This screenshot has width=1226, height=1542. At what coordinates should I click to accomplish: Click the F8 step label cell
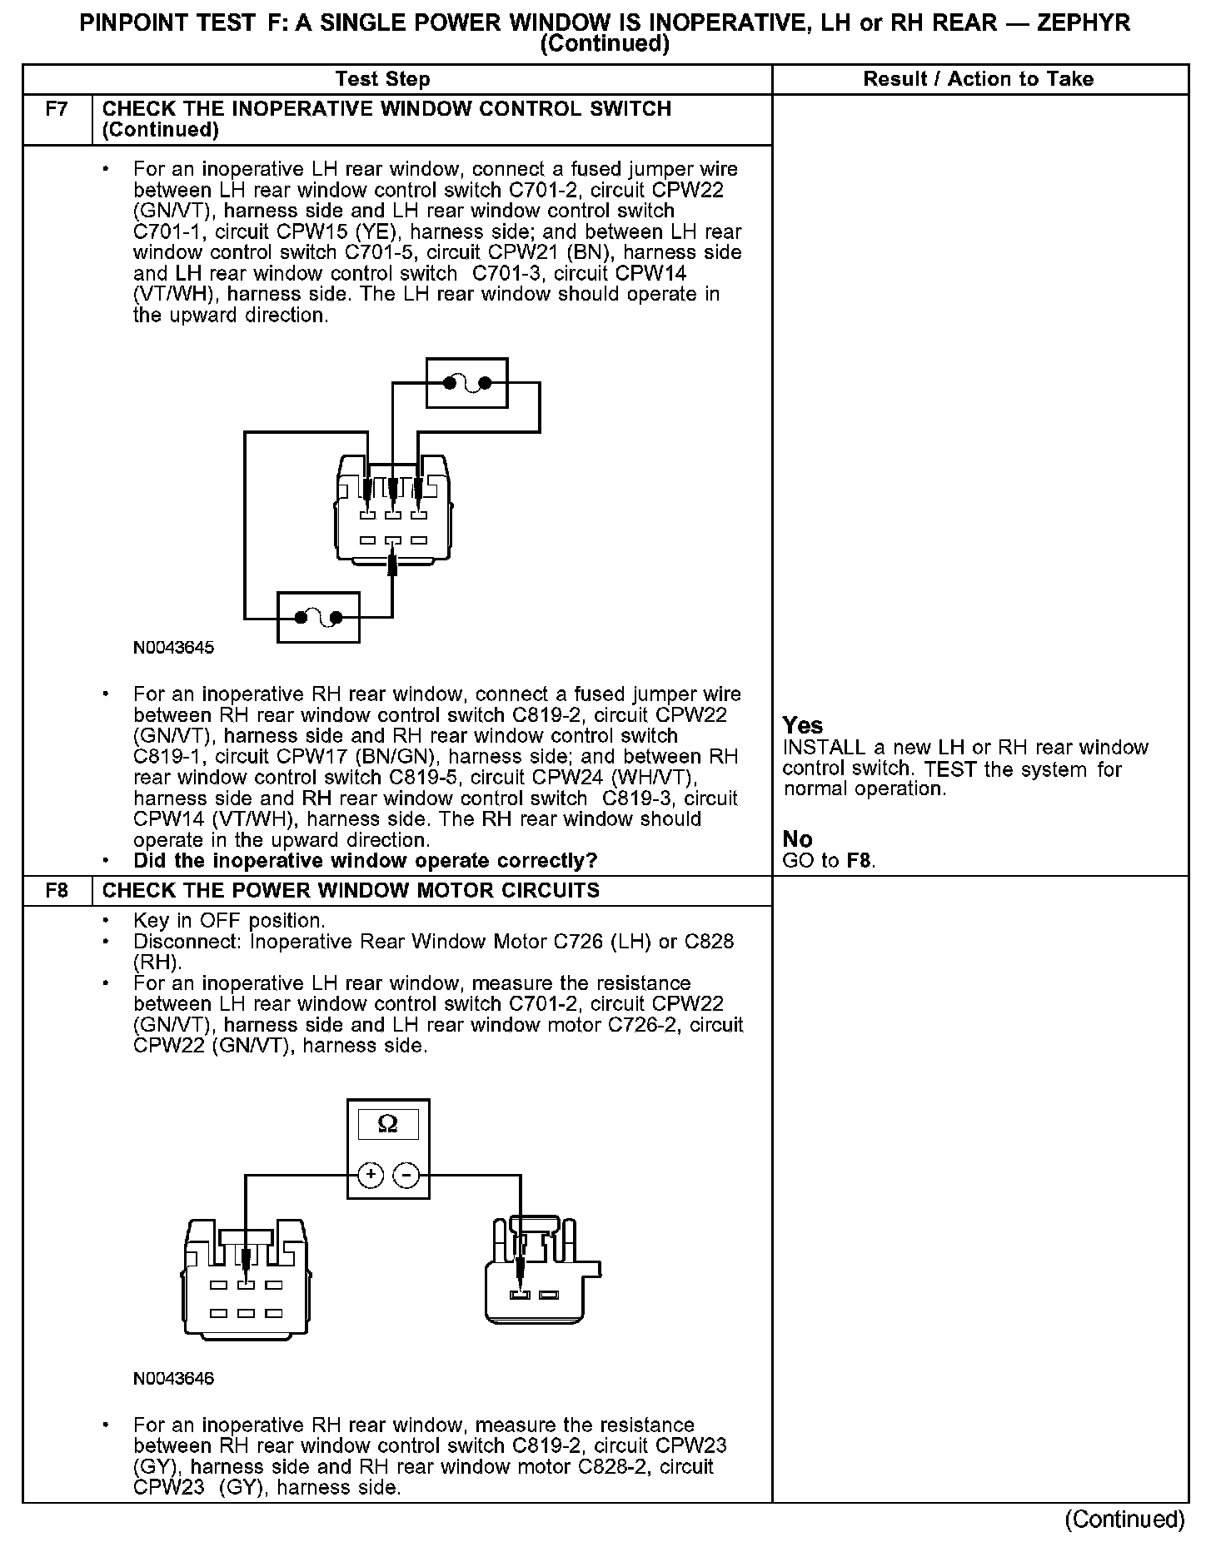[57, 890]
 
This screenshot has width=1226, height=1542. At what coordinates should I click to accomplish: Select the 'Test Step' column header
[382, 79]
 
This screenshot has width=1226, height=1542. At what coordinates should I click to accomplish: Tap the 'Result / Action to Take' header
[978, 79]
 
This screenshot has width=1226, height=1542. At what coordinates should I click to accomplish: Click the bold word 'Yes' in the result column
[803, 725]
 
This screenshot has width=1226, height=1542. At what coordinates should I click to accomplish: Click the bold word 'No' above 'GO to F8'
[797, 838]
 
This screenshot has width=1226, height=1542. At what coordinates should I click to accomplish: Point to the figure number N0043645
[173, 648]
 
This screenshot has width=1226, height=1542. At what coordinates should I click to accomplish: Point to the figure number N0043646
[173, 1378]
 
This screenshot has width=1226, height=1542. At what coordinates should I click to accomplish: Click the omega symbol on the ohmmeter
[388, 1125]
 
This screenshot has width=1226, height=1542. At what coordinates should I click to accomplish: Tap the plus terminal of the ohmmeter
[371, 1175]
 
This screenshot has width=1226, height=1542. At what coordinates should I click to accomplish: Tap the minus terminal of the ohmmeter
[406, 1175]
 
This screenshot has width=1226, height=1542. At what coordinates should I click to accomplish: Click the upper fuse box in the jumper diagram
[466, 383]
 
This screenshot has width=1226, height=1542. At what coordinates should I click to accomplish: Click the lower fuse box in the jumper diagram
[318, 617]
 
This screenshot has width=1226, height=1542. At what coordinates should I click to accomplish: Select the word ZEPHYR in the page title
[1084, 22]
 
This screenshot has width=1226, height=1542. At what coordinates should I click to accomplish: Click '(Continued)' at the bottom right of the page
[1124, 1519]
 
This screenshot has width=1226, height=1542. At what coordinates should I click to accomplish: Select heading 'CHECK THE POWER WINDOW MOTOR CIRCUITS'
[351, 890]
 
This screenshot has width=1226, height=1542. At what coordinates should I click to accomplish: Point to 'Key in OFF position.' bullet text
[229, 921]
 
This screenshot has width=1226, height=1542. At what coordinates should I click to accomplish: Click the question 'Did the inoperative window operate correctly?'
[365, 861]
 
